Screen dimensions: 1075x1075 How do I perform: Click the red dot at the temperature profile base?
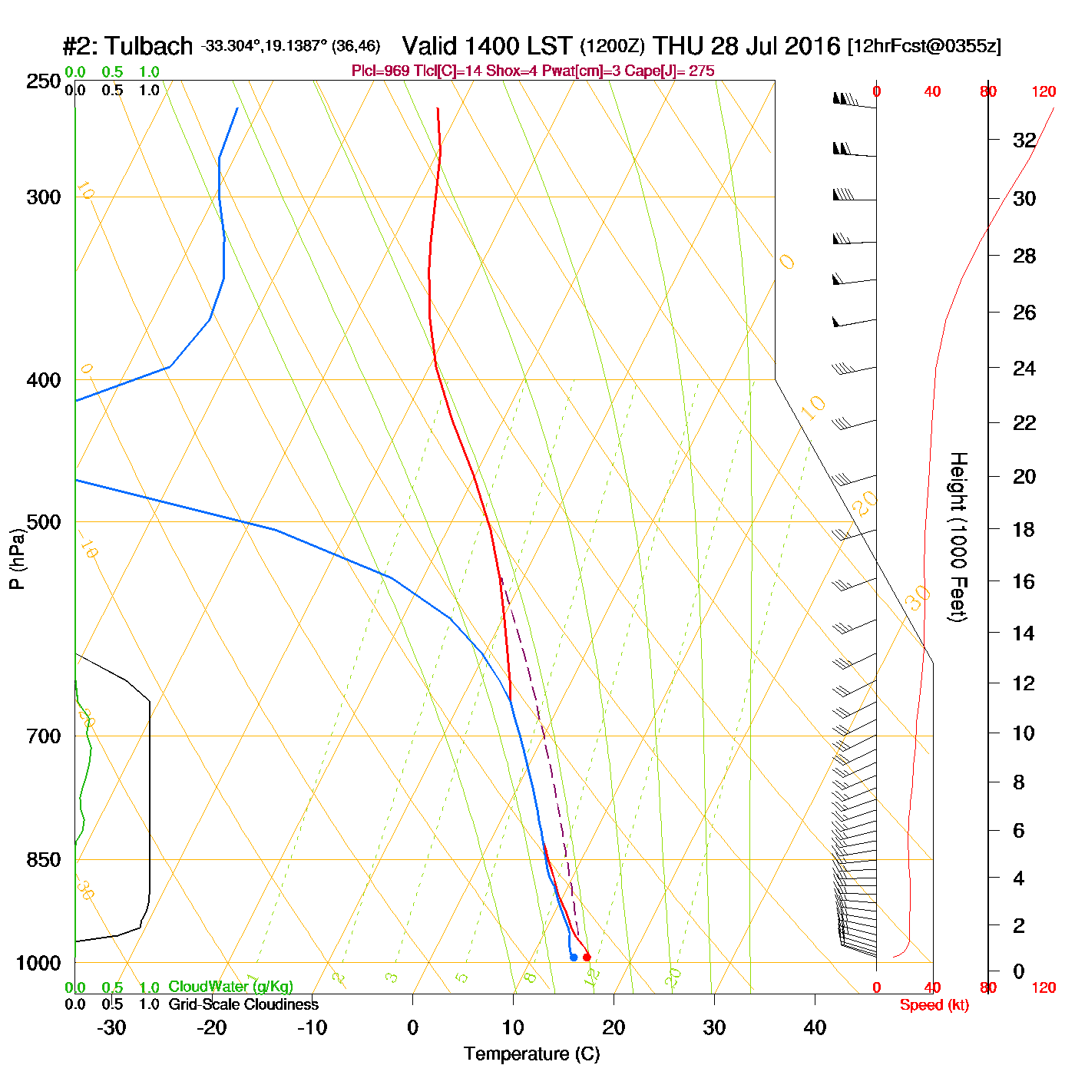[587, 957]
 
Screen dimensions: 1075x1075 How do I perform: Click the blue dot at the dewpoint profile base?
[574, 957]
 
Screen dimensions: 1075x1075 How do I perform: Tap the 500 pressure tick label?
[44, 522]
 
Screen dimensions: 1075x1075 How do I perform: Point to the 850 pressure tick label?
[44, 860]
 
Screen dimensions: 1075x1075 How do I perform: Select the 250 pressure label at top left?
[44, 81]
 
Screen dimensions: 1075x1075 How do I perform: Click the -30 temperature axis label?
[111, 1027]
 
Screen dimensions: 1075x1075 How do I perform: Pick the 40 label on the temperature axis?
[815, 1027]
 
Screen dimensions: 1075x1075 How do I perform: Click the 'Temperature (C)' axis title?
[531, 1054]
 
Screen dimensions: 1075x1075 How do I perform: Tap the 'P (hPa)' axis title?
[17, 558]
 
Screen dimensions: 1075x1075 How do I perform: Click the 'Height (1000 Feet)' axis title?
[958, 537]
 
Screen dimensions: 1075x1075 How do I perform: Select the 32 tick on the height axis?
[1024, 140]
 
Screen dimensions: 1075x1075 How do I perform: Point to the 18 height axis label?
[1024, 529]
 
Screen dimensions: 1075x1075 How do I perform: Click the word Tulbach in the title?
[149, 46]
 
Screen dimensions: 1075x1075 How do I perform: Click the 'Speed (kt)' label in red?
[934, 1005]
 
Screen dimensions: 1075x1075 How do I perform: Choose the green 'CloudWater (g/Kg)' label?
[230, 987]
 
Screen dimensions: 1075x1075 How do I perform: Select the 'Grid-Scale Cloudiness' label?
[243, 1004]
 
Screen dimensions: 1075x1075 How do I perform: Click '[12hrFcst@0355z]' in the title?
[925, 46]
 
